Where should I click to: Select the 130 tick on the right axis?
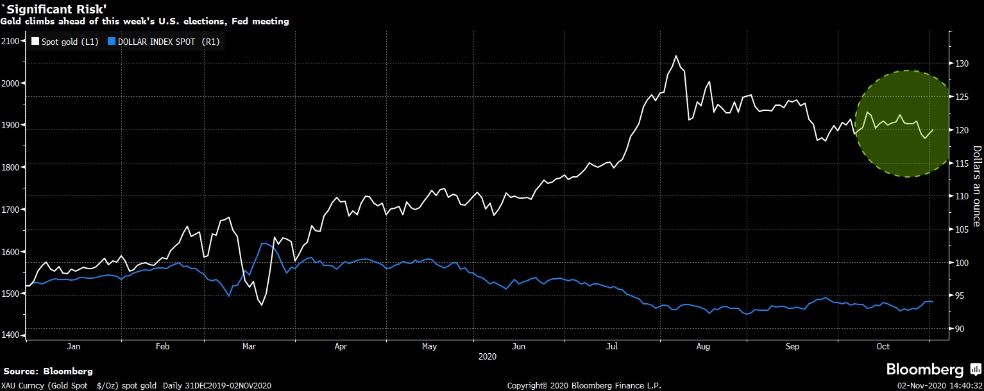[x=960, y=63]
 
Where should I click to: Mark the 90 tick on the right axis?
[x=958, y=329]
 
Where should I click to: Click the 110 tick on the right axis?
[x=960, y=196]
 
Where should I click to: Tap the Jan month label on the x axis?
[x=73, y=347]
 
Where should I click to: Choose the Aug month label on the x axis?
[x=703, y=347]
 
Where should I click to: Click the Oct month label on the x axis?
[x=883, y=347]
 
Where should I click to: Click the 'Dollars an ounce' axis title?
[x=976, y=186]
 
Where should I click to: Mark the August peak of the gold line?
[x=675, y=56]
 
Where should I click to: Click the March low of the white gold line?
[x=262, y=304]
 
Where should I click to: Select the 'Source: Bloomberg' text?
[x=48, y=371]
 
